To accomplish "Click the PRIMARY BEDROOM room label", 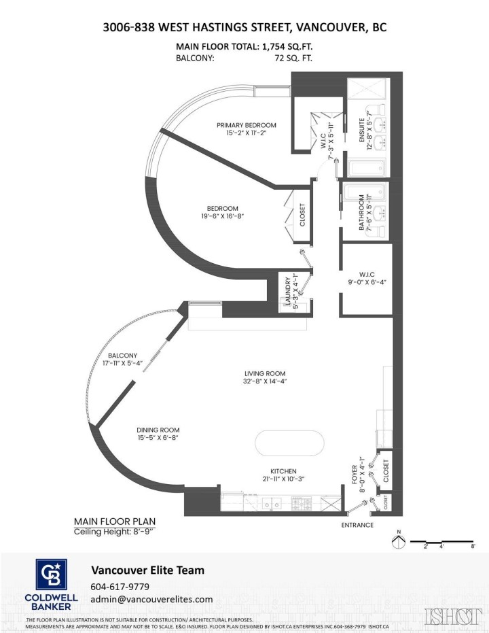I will pos(247,125).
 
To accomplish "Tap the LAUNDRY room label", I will pos(289,291).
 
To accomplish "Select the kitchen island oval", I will pos(290,445).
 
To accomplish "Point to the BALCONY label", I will pos(122,356).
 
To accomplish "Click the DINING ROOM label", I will pos(158,430).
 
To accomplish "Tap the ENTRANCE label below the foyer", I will pos(357,525).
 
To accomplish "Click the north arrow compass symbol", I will pos(399,542).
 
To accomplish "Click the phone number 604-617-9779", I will pos(120,587).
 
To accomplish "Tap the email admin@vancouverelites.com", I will pos(151,599).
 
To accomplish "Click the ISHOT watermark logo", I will pos(451,616).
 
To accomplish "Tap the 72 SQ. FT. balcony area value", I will pos(291,58).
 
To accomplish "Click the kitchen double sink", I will pos(274,504).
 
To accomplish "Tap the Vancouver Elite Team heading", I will pos(147,570).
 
